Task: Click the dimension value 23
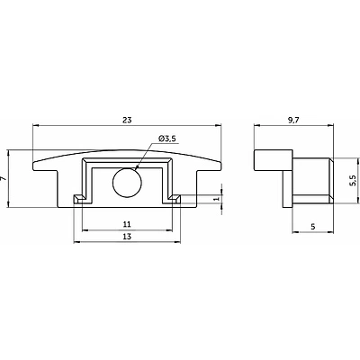tap(127, 120)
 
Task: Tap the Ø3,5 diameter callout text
tap(167, 139)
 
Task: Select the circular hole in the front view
tap(127, 183)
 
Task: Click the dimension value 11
tap(127, 224)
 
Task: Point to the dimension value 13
tap(127, 237)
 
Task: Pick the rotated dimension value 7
tap(4, 178)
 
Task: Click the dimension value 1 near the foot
tap(218, 199)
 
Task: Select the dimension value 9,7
tap(293, 120)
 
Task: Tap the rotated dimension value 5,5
tap(353, 181)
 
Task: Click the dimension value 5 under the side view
tap(313, 227)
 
